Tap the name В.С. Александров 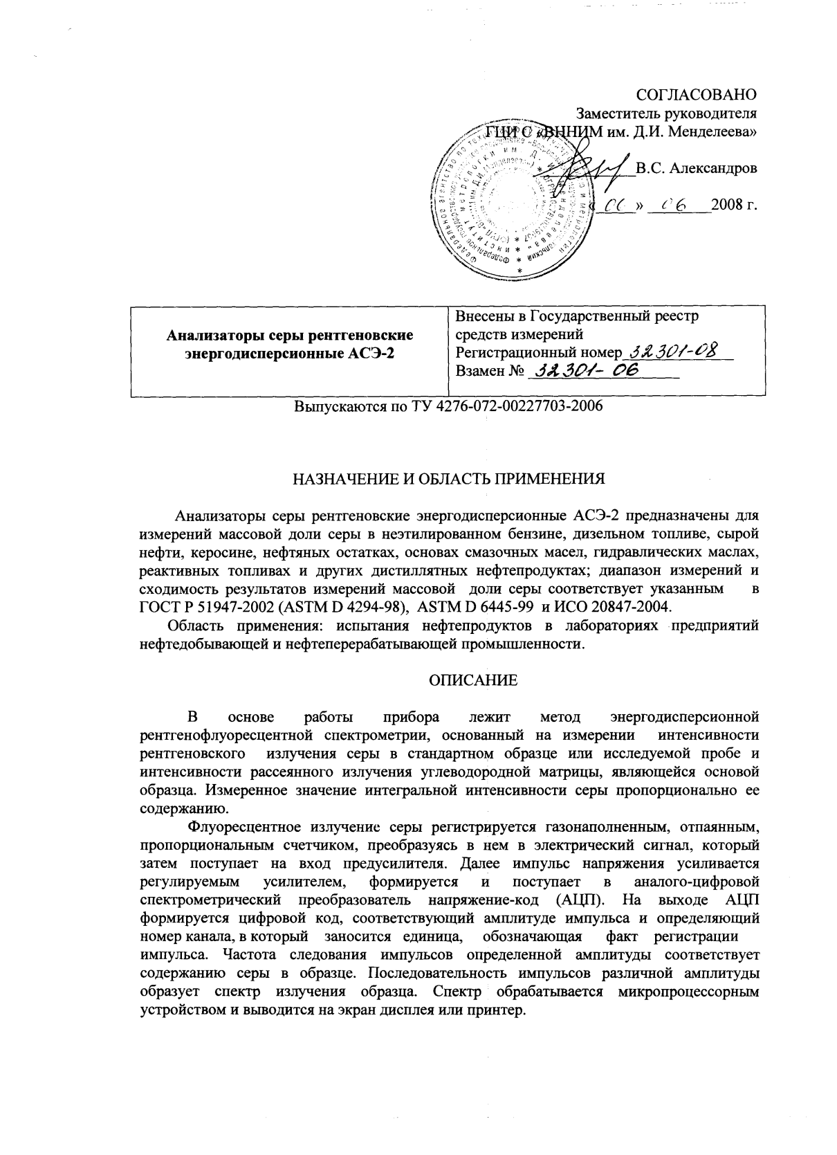point(697,168)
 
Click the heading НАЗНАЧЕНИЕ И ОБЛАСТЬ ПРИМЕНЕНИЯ point(448,479)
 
